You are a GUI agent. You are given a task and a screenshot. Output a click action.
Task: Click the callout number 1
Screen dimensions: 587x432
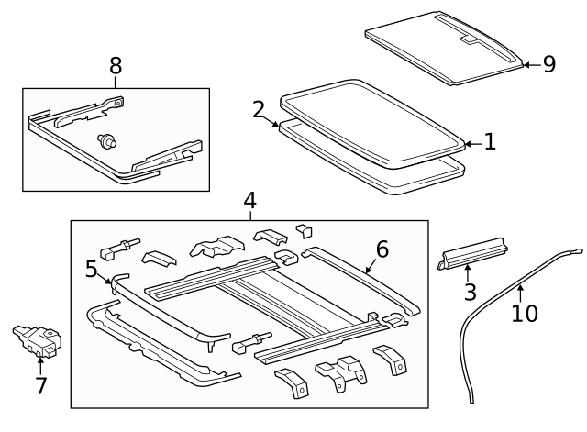tap(490, 142)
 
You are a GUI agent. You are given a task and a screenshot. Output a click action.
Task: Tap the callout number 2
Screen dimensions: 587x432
tap(259, 109)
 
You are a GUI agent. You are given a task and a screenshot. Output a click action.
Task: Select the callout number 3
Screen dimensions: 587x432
tap(471, 292)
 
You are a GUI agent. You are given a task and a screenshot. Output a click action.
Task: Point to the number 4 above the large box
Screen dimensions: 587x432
tap(250, 201)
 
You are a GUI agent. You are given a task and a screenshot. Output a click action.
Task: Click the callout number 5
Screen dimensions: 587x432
tap(92, 269)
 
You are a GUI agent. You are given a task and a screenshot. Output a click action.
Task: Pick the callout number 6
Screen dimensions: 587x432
tap(382, 249)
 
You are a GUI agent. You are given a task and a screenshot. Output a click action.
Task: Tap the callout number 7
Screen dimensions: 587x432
tap(41, 385)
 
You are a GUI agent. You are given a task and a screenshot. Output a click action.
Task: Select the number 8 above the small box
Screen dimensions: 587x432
tap(116, 66)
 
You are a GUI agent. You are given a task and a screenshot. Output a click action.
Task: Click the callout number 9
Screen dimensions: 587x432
tap(549, 64)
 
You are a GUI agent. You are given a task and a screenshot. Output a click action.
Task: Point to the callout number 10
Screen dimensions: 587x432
tap(525, 314)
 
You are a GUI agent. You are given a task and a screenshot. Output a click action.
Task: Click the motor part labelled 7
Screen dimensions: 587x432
tap(38, 338)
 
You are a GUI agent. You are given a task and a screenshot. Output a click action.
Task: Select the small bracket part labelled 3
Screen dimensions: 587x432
tap(472, 252)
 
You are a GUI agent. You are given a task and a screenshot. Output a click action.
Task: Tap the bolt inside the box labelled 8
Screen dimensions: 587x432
tap(107, 140)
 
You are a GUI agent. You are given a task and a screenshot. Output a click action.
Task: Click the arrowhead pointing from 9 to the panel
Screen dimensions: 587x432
tap(526, 65)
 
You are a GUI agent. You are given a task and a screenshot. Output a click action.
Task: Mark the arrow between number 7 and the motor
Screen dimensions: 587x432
tap(40, 366)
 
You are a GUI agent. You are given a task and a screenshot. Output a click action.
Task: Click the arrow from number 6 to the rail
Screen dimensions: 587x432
tap(371, 266)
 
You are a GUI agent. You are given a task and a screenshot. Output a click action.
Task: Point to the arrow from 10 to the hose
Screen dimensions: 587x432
tap(520, 294)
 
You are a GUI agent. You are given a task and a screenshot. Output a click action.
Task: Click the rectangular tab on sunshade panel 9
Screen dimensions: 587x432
tap(471, 39)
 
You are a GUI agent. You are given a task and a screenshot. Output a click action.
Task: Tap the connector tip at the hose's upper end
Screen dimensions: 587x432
tap(579, 251)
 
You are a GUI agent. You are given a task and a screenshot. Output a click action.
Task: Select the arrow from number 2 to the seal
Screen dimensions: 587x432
tap(271, 121)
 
